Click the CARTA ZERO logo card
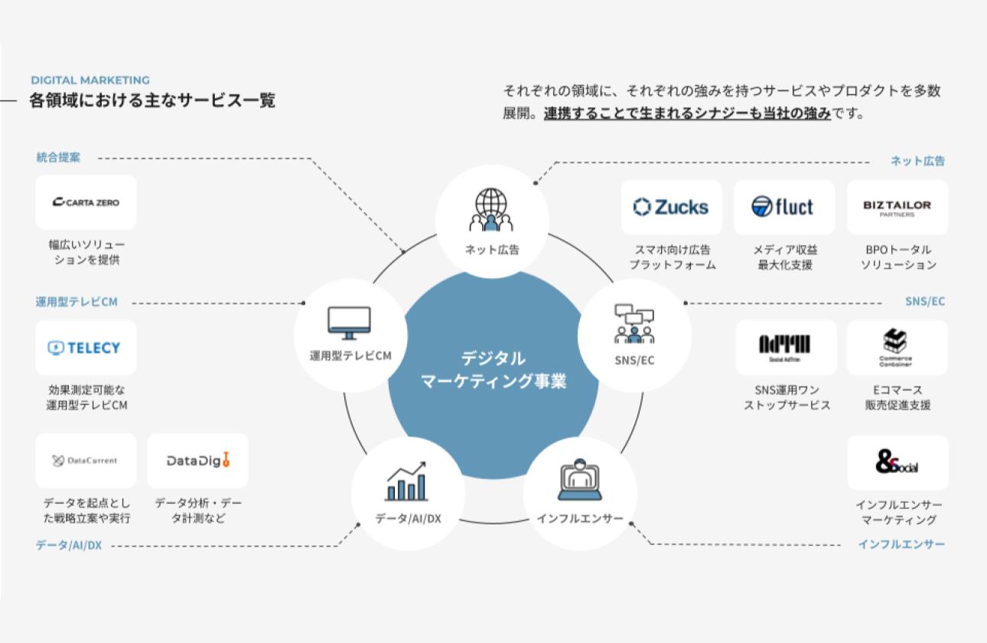pyautogui.click(x=86, y=202)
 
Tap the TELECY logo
pyautogui.click(x=86, y=348)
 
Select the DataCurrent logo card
pyautogui.click(x=86, y=461)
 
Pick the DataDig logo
pyautogui.click(x=197, y=461)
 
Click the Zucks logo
pyautogui.click(x=671, y=207)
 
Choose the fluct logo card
pyautogui.click(x=783, y=207)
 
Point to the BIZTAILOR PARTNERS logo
pyautogui.click(x=897, y=207)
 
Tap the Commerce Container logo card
pyautogui.click(x=897, y=347)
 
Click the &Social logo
pyautogui.click(x=897, y=462)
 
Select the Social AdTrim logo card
pyautogui.click(x=785, y=347)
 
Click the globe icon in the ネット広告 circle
pyautogui.click(x=492, y=209)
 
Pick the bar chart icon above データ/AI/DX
pyautogui.click(x=406, y=482)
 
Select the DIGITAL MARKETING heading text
pyautogui.click(x=90, y=80)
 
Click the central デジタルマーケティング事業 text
pyautogui.click(x=493, y=370)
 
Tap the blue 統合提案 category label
pyautogui.click(x=58, y=158)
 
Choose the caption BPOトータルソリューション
pyautogui.click(x=897, y=257)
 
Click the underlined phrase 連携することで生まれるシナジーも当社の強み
pyautogui.click(x=687, y=114)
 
